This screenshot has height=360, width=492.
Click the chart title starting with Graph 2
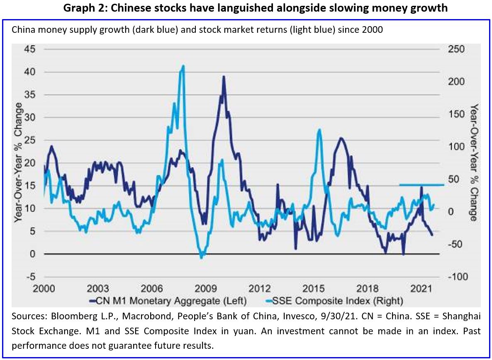point(255,8)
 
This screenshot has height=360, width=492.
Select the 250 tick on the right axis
point(458,49)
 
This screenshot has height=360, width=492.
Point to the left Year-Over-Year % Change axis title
point(18,163)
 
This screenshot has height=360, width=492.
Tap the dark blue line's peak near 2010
point(224,77)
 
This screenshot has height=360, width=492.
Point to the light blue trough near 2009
point(202,257)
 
